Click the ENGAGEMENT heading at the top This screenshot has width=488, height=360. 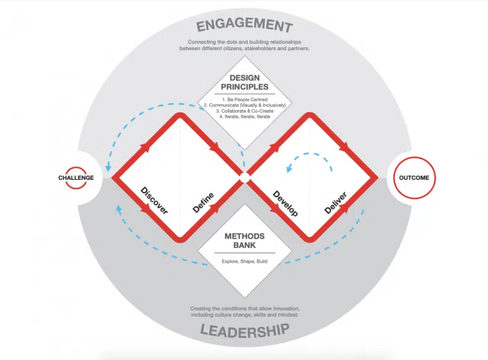[x=245, y=25]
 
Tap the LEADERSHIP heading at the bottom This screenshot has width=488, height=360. [x=245, y=330]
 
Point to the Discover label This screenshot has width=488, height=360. [x=154, y=200]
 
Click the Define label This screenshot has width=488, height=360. [x=203, y=203]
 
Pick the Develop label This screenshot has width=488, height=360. [x=285, y=204]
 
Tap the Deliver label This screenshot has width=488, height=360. [x=335, y=203]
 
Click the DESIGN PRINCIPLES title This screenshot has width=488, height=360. [x=245, y=82]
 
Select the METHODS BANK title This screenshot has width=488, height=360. [x=245, y=240]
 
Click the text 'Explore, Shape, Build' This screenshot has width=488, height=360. [x=245, y=261]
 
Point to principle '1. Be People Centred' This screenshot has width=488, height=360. [x=245, y=100]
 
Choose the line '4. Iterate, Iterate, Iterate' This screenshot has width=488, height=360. [x=245, y=116]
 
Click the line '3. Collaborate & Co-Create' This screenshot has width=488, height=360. [x=245, y=111]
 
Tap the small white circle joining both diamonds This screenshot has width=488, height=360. [x=245, y=178]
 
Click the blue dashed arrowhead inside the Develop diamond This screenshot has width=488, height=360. [x=289, y=169]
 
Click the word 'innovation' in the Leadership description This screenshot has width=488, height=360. [x=286, y=308]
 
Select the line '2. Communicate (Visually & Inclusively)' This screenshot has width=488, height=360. [x=245, y=105]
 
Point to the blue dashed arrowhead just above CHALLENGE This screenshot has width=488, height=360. [x=108, y=167]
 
